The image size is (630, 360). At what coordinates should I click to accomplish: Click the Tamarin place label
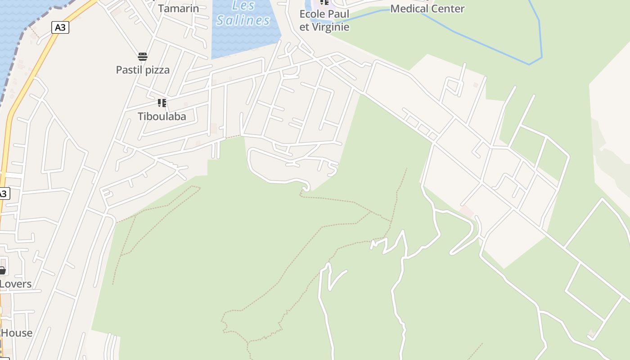(x=178, y=9)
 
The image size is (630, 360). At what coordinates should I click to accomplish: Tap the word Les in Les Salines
(x=243, y=6)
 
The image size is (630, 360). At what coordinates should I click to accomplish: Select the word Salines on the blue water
(x=243, y=20)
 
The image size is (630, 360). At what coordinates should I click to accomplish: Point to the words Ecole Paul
(x=324, y=14)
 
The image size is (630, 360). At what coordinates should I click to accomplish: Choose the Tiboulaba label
(x=162, y=116)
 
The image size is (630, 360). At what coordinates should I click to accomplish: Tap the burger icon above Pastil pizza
(x=143, y=57)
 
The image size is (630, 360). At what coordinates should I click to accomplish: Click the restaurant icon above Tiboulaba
(x=162, y=103)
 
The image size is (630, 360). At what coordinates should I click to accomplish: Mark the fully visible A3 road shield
(x=60, y=27)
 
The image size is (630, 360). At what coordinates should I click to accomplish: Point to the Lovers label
(x=16, y=284)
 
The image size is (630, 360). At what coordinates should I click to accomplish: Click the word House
(x=17, y=333)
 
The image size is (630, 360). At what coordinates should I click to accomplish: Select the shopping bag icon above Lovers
(x=2, y=270)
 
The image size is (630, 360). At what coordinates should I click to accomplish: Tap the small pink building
(x=467, y=211)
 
